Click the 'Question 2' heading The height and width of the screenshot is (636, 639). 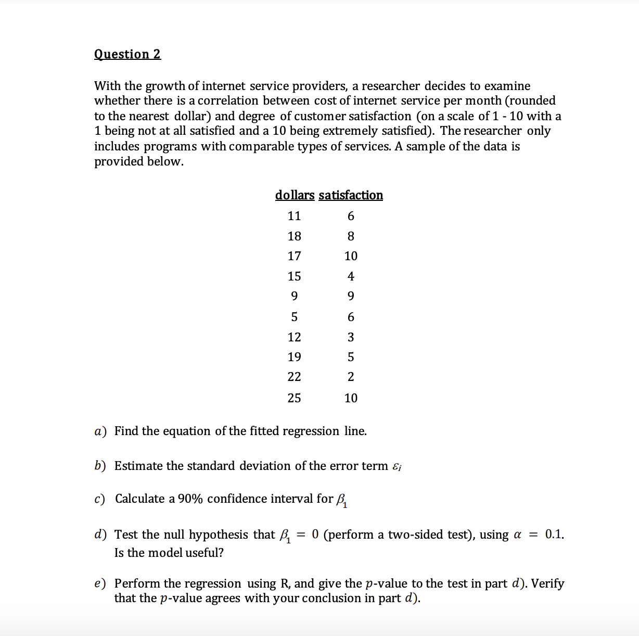(127, 54)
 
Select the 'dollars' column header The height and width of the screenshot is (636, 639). (295, 195)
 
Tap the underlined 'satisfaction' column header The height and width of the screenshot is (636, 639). (351, 195)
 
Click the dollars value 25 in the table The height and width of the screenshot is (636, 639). (294, 398)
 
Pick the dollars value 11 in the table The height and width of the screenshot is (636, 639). (294, 216)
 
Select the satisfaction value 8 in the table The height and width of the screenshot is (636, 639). (351, 236)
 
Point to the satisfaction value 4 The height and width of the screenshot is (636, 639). (351, 276)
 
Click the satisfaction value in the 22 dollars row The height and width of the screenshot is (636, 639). (351, 377)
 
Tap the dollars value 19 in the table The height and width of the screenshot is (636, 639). (294, 357)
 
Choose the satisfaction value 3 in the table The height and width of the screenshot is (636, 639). (351, 337)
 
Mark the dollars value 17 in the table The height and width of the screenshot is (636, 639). (294, 256)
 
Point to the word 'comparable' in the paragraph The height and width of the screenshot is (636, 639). (261, 146)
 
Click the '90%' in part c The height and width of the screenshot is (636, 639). (190, 499)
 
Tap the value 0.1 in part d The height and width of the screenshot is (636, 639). (554, 535)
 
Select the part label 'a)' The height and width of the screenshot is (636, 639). (100, 431)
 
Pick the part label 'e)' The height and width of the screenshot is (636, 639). (100, 583)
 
